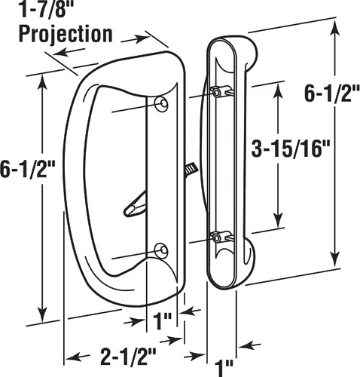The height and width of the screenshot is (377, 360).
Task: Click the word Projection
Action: pos(66,34)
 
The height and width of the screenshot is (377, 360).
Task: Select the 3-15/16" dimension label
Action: pos(290,149)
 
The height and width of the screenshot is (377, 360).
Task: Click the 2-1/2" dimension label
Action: pos(128,357)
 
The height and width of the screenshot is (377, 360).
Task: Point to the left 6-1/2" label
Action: pos(27,169)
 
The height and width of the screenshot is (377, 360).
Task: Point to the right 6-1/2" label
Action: pos(332,93)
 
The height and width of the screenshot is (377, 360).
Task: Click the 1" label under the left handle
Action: pos(162,321)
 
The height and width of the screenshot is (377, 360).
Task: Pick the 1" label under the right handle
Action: pos(224,369)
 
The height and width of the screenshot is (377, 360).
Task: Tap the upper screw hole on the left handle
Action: pos(161,104)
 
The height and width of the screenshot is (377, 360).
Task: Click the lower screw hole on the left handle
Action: pos(161,250)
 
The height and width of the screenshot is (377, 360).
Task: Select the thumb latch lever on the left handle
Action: pos(135,205)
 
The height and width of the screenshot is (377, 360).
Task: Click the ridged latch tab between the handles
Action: pos(191,170)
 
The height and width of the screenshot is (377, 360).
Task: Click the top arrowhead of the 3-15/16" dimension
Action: pos(278,90)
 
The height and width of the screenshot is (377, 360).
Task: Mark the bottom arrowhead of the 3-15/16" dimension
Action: pos(278,220)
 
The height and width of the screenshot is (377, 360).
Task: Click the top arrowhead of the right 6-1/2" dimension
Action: pos(334,28)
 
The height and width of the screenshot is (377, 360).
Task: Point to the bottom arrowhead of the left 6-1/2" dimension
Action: pos(43,314)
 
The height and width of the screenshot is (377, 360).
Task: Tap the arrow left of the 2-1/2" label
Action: pos(78,357)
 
